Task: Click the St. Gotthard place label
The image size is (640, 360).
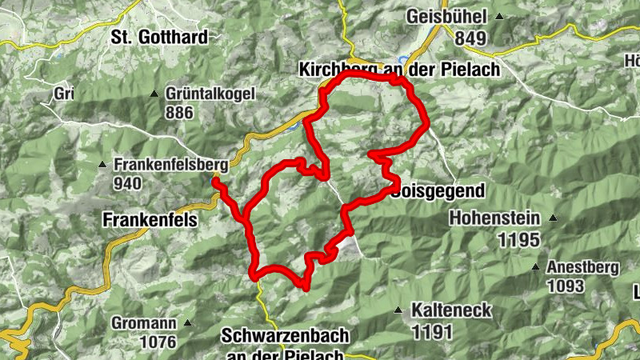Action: (x=159, y=37)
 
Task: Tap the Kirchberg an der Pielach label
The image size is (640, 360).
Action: (x=398, y=70)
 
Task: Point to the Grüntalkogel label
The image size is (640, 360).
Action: (x=210, y=94)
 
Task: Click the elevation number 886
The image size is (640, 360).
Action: (x=180, y=112)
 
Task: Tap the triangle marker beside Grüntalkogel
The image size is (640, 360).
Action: (x=154, y=94)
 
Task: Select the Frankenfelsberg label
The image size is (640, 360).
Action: (x=170, y=165)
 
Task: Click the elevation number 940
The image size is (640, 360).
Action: (x=127, y=183)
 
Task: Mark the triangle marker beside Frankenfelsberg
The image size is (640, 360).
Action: (x=102, y=166)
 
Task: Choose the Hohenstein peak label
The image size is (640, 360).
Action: (x=494, y=218)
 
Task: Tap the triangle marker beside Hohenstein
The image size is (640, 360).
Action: (x=552, y=218)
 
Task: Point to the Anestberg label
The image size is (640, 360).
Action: (x=582, y=267)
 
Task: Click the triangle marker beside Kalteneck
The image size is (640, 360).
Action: (x=398, y=310)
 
